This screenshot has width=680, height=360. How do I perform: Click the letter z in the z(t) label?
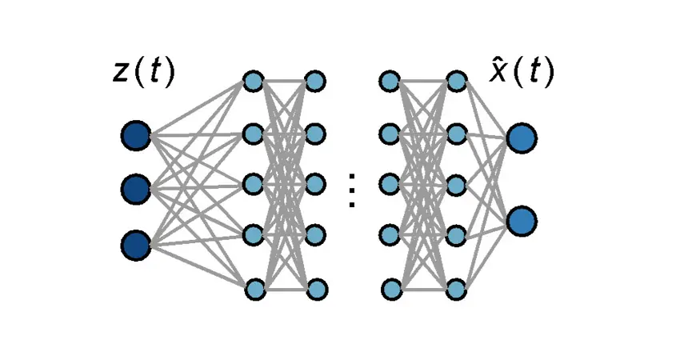[x=121, y=74]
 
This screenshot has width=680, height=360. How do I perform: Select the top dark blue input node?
[x=136, y=135]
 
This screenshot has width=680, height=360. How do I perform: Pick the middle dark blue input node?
[x=136, y=189]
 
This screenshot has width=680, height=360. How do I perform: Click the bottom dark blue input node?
[x=136, y=244]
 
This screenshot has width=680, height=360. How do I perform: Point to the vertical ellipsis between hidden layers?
[x=351, y=190]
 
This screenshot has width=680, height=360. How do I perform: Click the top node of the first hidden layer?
[x=253, y=81]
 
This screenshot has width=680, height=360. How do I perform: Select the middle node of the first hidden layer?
[x=253, y=184]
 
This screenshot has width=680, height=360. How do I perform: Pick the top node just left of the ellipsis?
[x=314, y=81]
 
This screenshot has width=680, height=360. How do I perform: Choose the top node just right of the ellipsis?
[x=390, y=81]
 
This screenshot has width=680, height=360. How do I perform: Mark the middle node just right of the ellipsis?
[x=390, y=184]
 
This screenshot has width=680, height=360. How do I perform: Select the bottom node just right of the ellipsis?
[x=391, y=288]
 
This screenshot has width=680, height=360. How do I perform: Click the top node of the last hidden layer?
[x=455, y=81]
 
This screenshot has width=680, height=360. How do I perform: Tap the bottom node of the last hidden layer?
[x=456, y=288]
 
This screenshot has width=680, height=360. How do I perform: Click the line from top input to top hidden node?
[x=196, y=107]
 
